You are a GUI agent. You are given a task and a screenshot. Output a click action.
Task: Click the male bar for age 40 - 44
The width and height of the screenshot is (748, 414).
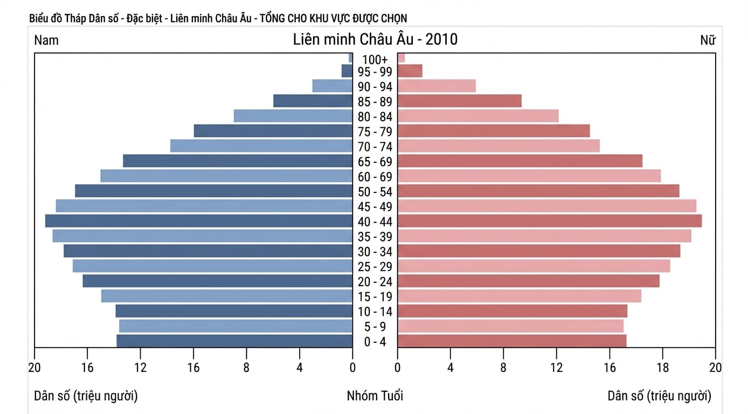[x=199, y=221]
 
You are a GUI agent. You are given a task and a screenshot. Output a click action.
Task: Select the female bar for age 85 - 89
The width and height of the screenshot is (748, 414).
[x=460, y=101]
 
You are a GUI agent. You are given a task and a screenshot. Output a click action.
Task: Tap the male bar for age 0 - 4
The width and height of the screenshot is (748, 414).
[x=234, y=341]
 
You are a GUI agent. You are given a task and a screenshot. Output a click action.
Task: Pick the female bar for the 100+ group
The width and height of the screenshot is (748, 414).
[x=401, y=58]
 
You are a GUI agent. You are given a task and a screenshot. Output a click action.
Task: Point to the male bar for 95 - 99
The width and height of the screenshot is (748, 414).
[x=347, y=71]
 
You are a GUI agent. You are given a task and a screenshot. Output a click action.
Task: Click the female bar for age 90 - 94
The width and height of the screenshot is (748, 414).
[x=437, y=86]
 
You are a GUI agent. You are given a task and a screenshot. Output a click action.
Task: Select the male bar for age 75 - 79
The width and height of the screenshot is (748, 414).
[x=273, y=130]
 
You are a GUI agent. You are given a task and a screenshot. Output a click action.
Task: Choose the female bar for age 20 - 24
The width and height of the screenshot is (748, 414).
[x=529, y=281]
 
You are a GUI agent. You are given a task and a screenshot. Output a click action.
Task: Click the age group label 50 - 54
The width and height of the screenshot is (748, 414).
[x=375, y=192]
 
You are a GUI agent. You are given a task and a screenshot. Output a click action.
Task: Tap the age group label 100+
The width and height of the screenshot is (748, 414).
[x=375, y=60]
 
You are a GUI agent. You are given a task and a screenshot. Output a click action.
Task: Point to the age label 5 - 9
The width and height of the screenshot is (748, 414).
[x=375, y=327]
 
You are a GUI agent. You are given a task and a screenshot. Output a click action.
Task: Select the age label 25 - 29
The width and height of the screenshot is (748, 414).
[x=375, y=267]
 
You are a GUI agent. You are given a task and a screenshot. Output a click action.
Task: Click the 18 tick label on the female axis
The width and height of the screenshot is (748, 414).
[x=662, y=368]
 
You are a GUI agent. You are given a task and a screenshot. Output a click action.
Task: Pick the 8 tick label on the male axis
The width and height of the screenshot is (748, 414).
[x=246, y=368]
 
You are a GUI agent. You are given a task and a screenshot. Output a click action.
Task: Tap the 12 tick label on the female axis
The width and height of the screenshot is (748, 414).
[x=556, y=368]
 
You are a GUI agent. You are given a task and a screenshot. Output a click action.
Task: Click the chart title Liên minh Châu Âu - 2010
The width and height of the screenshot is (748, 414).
[x=375, y=39]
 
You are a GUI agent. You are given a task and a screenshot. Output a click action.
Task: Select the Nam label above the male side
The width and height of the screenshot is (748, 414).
[x=46, y=40]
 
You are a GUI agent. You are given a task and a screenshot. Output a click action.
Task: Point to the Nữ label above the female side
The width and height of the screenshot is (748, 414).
[x=708, y=40]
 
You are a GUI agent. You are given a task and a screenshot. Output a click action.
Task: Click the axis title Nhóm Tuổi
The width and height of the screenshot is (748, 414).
[x=375, y=396]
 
